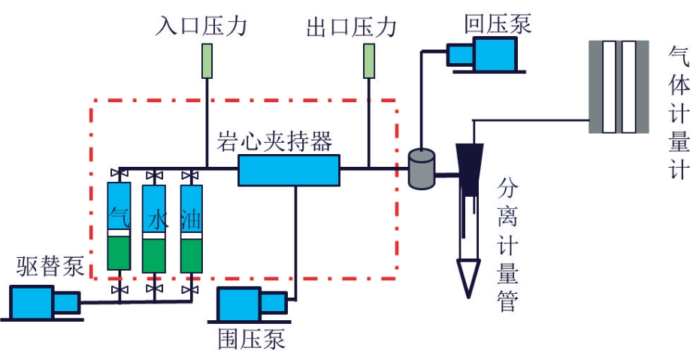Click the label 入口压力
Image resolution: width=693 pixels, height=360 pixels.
tap(201, 26)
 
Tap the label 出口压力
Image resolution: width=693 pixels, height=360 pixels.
tap(352, 27)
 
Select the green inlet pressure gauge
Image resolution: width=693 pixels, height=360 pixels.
tap(207, 61)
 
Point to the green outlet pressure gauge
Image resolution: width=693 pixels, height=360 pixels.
tap(369, 61)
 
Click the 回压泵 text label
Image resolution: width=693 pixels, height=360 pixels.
tap(498, 23)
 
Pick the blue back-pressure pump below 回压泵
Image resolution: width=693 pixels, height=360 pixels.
tap(486, 55)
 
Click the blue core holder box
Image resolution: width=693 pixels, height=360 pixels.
tap(289, 170)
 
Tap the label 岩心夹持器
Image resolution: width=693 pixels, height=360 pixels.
tap(274, 141)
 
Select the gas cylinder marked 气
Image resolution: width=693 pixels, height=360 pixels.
tap(119, 225)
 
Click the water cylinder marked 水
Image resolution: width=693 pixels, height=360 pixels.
tap(154, 228)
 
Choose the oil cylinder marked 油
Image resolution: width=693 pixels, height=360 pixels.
tap(192, 228)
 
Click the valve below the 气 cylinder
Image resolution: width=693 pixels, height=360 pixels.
tap(120, 290)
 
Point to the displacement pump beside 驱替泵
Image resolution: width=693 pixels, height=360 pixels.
tap(44, 303)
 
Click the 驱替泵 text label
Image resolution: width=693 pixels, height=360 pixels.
tap(50, 266)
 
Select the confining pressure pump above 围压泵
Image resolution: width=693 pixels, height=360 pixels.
tap(250, 304)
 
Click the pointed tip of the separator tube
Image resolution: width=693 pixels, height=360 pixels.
tap(468, 298)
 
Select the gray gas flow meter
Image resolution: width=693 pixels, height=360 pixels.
tap(619, 87)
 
